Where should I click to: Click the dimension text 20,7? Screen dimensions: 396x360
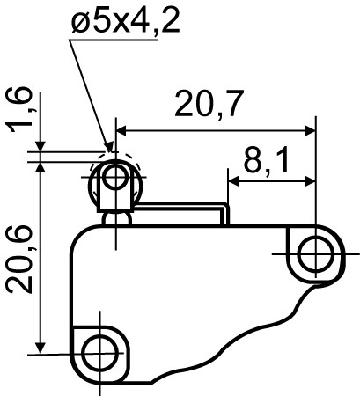[209, 105]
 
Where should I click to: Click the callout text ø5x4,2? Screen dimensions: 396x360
[127, 21]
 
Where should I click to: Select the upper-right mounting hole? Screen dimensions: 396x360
[313, 255]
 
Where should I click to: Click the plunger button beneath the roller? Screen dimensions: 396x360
[114, 216]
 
